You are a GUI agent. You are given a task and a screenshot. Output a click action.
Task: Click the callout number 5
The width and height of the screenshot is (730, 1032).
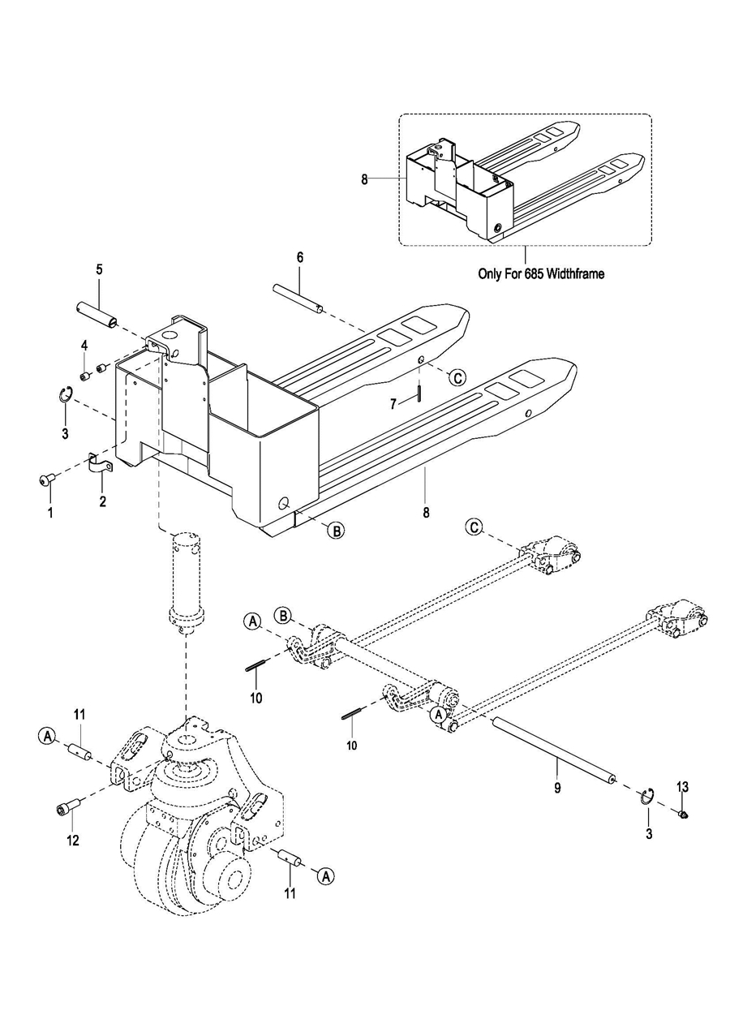click(x=100, y=269)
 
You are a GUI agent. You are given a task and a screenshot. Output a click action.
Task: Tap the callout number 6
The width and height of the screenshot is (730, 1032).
click(x=300, y=257)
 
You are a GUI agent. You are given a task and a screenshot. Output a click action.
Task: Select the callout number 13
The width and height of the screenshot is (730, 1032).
click(x=682, y=787)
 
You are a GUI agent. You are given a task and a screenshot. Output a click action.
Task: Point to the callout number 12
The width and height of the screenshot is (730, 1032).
click(x=73, y=841)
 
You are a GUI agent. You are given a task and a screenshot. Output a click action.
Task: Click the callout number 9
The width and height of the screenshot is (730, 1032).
click(x=557, y=788)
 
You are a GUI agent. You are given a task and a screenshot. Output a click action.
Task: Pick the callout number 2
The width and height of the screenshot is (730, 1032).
click(x=102, y=501)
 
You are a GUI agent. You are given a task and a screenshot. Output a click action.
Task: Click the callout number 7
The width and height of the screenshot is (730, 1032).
click(x=393, y=404)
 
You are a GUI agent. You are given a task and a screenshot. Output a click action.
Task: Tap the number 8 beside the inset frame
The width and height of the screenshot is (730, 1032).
click(x=364, y=179)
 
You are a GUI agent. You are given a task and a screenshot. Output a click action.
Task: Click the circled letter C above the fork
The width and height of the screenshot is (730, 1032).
click(x=457, y=377)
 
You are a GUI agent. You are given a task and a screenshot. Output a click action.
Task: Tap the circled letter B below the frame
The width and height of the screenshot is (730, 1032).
click(x=336, y=531)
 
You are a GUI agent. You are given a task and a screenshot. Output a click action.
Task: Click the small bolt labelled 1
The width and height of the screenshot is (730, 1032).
click(x=45, y=480)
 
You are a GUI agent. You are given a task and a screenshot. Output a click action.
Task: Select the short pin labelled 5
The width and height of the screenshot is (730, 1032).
click(x=97, y=315)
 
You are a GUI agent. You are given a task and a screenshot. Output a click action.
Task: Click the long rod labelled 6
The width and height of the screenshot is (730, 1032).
click(x=298, y=299)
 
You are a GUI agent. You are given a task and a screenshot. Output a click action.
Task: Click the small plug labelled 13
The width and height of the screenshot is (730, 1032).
click(x=684, y=815)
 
